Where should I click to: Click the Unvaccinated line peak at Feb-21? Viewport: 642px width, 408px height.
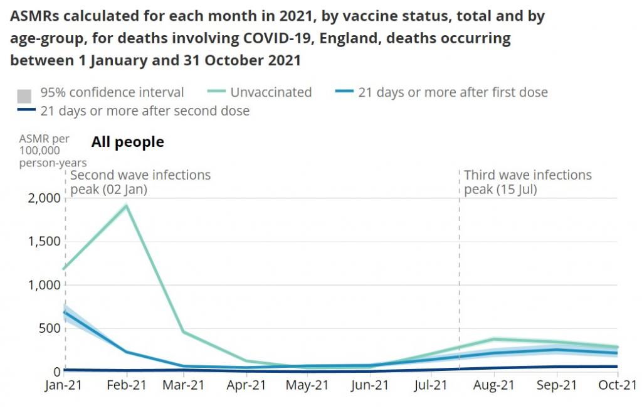pyautogui.click(x=127, y=206)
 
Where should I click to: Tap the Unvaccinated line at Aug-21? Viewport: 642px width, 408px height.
pyautogui.click(x=494, y=340)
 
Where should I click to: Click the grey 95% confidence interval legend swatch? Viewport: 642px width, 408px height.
pyautogui.click(x=24, y=96)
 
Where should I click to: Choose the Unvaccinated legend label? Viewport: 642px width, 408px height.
pyautogui.click(x=271, y=92)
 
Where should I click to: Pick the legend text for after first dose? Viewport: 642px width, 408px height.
pyautogui.click(x=453, y=92)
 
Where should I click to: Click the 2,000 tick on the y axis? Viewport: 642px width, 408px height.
pyautogui.click(x=45, y=198)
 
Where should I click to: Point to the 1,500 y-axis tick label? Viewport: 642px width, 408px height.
pyautogui.click(x=45, y=242)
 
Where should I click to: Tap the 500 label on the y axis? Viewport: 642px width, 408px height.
pyautogui.click(x=50, y=328)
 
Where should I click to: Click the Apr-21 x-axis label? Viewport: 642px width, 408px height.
pyautogui.click(x=248, y=386)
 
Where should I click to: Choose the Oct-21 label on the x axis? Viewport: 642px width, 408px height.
pyautogui.click(x=617, y=386)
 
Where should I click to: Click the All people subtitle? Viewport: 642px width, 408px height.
pyautogui.click(x=127, y=142)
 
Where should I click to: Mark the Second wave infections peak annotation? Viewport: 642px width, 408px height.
pyautogui.click(x=140, y=182)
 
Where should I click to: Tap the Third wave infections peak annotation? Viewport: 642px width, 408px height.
pyautogui.click(x=527, y=182)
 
